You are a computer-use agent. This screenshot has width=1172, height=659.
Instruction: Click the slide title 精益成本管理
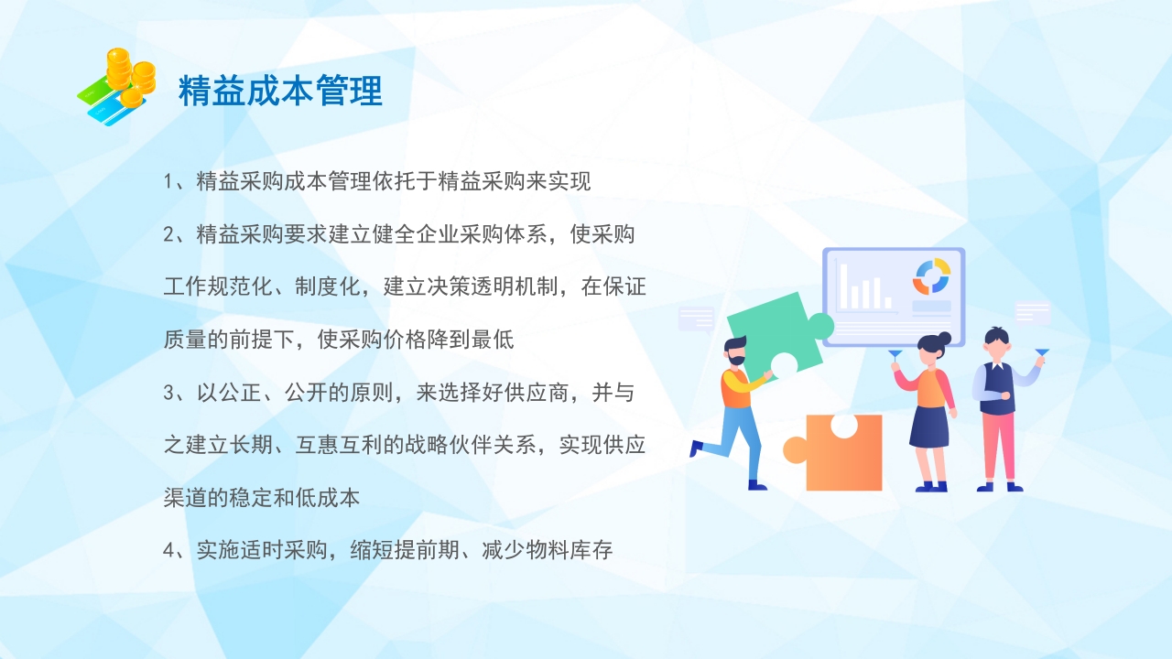[280, 92]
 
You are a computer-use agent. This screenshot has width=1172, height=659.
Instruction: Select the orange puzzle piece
[838, 452]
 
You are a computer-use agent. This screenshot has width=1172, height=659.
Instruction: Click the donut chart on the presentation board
[931, 276]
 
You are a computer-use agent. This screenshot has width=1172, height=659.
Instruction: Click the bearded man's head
[735, 351]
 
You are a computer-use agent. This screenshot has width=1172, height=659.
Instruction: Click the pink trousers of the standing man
[998, 448]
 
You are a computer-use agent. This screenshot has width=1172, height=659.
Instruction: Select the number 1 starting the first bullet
[168, 181]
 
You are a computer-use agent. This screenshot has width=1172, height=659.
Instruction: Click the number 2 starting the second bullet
[168, 234]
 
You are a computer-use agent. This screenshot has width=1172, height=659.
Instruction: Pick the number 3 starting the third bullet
[168, 394]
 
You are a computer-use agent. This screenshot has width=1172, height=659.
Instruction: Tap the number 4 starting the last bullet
[168, 551]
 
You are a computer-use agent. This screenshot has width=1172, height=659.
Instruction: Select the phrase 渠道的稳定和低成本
[262, 499]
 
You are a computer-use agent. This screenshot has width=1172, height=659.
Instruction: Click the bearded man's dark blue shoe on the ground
[757, 485]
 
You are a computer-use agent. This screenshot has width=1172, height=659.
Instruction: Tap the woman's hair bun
[946, 338]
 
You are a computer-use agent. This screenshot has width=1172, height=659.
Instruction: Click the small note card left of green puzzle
[696, 319]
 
